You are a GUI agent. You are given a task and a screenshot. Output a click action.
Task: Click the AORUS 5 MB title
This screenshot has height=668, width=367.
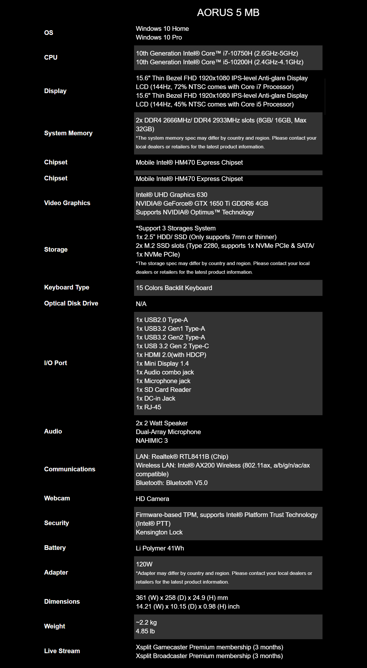(228, 13)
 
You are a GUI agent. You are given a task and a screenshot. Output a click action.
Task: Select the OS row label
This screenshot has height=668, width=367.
(49, 33)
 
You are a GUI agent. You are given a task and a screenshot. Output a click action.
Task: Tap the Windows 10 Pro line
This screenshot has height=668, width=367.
(159, 37)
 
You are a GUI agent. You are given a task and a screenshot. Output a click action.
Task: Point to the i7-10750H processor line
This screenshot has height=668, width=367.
(217, 53)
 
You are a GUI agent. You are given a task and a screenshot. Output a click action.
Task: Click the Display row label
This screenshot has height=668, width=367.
(55, 91)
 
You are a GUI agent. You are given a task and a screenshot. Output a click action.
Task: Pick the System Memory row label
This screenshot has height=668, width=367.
(68, 133)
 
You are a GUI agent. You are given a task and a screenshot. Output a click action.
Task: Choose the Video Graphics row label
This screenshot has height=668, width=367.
(67, 203)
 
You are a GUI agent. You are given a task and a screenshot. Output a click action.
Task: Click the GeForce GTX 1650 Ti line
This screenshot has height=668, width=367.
(202, 203)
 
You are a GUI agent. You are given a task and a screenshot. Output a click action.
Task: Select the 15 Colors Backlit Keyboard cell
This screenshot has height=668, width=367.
(174, 288)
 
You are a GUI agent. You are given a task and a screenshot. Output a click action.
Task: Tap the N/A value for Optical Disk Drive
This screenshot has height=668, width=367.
(141, 304)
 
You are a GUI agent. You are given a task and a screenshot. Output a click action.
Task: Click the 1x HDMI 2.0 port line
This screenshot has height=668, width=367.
(171, 355)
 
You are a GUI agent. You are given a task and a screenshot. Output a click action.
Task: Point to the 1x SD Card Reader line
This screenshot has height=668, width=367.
(163, 390)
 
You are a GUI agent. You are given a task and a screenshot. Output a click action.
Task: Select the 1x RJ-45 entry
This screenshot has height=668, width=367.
(148, 407)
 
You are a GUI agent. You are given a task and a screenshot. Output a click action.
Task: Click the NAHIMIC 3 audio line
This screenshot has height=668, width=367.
(152, 440)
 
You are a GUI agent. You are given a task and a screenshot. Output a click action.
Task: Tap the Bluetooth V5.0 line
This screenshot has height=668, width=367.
(172, 483)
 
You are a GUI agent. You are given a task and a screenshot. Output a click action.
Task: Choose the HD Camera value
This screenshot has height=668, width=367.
(152, 499)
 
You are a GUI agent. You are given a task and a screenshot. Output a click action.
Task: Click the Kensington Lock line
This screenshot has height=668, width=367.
(159, 532)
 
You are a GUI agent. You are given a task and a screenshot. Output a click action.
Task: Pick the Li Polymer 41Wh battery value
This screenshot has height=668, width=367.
(160, 548)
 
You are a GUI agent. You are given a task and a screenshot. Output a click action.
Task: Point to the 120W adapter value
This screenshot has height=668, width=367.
(144, 564)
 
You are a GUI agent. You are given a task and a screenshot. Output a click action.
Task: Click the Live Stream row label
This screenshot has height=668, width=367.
(62, 651)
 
